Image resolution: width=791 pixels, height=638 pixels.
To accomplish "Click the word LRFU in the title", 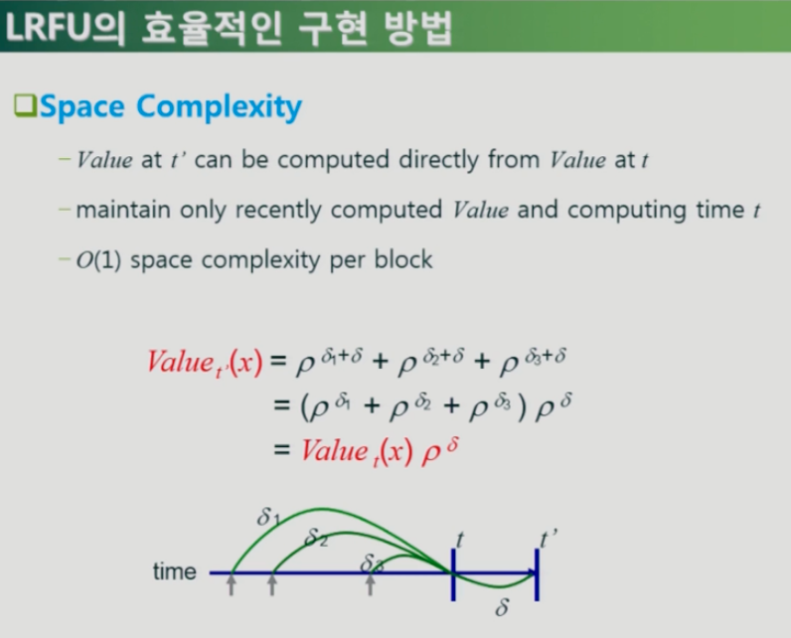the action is pos(47,27).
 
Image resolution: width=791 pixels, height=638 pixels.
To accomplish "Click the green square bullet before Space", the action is pos(25,105).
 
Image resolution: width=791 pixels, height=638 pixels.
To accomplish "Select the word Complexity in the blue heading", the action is pos(219,108).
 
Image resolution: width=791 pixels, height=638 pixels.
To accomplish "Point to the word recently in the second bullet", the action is pos(278,210).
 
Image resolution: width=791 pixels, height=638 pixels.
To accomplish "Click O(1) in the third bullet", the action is pos(98,260).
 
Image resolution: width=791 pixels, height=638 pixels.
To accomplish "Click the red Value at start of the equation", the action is pos(181,362).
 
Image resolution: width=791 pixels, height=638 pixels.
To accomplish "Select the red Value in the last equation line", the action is pos(335,450).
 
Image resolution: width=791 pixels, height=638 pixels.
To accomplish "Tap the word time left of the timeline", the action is pos(175,572).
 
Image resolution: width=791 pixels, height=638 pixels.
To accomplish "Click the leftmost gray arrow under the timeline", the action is pos(232,585).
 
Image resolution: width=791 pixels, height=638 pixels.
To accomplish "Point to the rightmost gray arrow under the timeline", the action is pos(371,585).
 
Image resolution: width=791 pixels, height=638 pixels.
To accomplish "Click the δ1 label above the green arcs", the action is pos(268,517).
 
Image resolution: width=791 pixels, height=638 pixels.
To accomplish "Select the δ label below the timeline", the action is pos(502,607).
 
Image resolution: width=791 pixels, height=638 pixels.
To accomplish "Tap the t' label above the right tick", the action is pos(548,539).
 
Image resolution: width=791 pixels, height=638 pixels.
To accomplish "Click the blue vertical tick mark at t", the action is pos(453,574).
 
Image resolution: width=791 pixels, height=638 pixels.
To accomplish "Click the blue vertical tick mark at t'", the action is pos(537,574).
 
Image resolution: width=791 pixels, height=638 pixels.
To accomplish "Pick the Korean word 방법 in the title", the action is pos(418,28).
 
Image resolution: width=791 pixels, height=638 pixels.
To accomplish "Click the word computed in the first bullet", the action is pos(334,160).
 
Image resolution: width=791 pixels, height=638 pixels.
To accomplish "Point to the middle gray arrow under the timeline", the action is pos(272,585).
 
